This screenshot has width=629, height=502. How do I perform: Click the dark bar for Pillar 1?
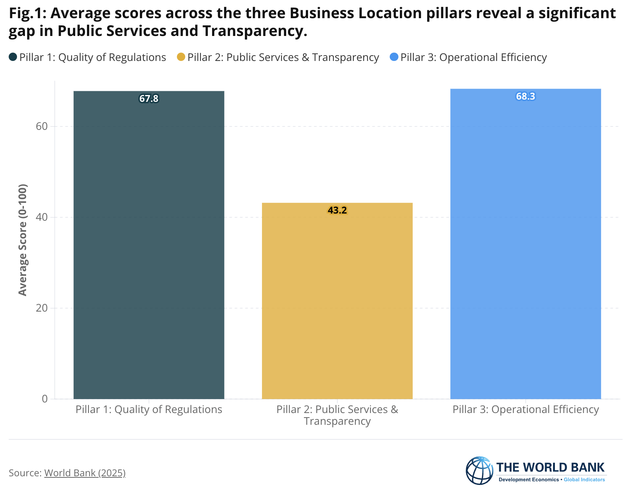tap(149, 246)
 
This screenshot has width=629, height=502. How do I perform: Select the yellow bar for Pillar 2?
tap(337, 303)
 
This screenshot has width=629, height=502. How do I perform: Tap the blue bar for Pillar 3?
tap(525, 246)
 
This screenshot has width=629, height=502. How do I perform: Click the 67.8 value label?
tap(149, 99)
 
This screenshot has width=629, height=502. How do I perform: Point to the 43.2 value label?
tap(337, 210)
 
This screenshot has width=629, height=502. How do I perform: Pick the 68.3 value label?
tap(525, 97)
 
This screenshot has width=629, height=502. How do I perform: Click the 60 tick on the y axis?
tap(42, 126)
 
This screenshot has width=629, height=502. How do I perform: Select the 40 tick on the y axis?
tap(42, 217)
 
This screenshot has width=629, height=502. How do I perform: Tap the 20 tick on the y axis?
tap(42, 308)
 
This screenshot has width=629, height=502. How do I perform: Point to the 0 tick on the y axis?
tap(45, 399)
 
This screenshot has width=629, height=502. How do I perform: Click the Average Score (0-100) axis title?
tap(23, 240)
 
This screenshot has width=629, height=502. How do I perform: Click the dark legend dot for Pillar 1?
tap(13, 57)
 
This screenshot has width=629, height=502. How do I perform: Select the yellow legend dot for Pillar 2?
tap(181, 57)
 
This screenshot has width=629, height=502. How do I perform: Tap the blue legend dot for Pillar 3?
tap(394, 57)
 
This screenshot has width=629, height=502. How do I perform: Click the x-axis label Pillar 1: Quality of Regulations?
tap(149, 410)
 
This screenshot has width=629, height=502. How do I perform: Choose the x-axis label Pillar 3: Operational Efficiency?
tap(525, 410)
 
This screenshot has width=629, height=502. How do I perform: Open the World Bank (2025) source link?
tap(85, 473)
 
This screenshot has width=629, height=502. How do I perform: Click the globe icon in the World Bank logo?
tap(479, 471)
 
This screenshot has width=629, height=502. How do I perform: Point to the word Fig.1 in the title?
tap(26, 14)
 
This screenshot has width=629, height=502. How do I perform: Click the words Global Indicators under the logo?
tap(584, 480)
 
